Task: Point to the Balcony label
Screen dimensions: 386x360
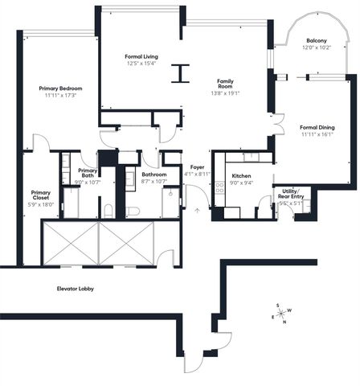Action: click(x=316, y=40)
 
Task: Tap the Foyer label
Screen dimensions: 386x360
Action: click(x=197, y=167)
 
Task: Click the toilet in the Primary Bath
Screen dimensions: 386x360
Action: click(x=108, y=211)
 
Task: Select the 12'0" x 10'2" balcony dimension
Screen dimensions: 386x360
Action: click(x=316, y=47)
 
